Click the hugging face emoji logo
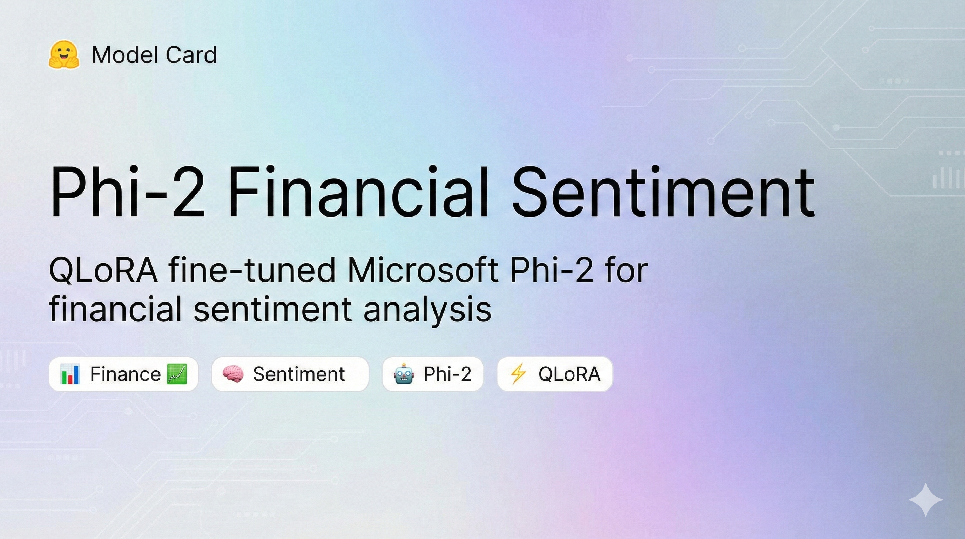point(64,55)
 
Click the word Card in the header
point(191,55)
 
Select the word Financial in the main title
point(358,192)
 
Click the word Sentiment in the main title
point(663,192)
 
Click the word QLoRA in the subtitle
point(103,271)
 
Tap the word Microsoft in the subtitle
point(423,271)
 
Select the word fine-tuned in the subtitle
point(252,271)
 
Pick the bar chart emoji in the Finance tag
point(70,374)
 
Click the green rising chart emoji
point(177,374)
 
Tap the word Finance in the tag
point(125,374)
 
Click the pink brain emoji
point(232,374)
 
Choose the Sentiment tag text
point(298,374)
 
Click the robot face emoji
point(404,374)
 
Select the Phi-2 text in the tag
point(447,374)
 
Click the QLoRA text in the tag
point(569,374)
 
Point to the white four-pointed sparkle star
point(926,500)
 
